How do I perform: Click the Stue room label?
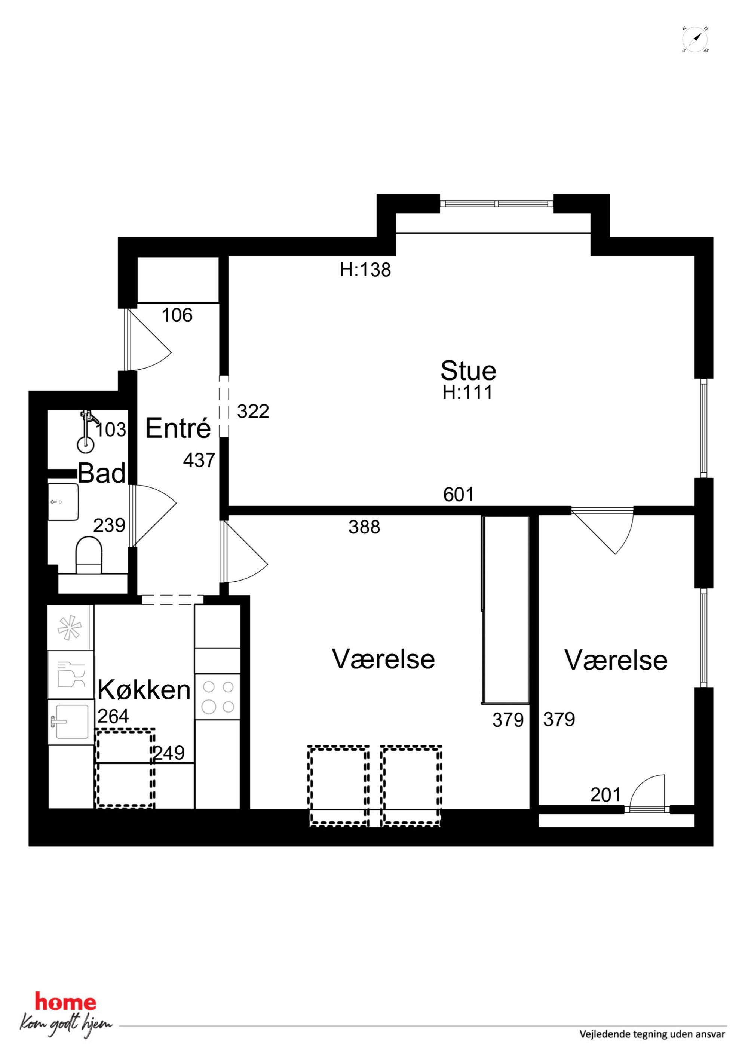click(468, 370)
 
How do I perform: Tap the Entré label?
click(178, 428)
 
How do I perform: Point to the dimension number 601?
click(459, 494)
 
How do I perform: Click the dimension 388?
click(364, 527)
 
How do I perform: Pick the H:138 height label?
click(365, 270)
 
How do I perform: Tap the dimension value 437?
click(199, 460)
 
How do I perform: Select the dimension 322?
click(253, 411)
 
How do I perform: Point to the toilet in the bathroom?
click(88, 555)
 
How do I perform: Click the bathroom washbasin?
click(63, 502)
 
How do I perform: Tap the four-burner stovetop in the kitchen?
click(218, 697)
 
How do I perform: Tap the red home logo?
click(66, 1002)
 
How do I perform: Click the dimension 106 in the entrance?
click(177, 315)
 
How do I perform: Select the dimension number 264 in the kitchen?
click(113, 716)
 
